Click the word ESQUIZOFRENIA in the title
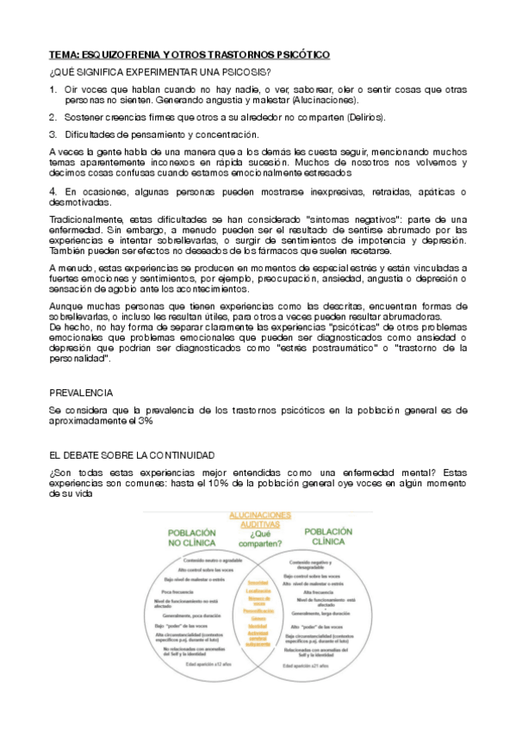[115, 54]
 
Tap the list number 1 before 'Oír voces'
[53, 89]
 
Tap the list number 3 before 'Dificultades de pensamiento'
[53, 134]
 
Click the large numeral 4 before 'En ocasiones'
[53, 190]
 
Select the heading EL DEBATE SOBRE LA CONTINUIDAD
[132, 455]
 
